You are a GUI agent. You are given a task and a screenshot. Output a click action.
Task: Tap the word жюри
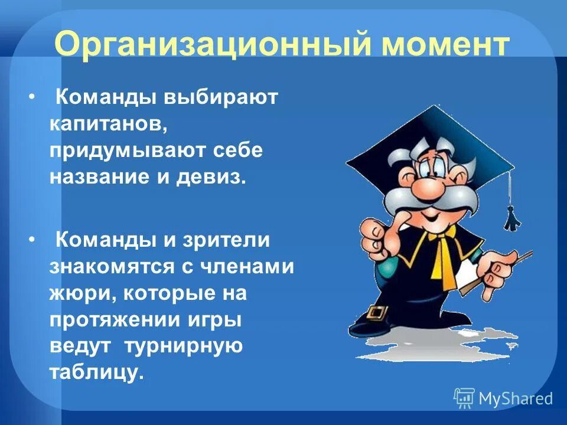coord(74,294)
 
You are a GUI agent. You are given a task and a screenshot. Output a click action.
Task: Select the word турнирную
coord(184,346)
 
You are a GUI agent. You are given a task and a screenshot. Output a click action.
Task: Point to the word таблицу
coord(97,373)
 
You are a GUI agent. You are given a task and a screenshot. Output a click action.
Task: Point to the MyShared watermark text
coord(515,398)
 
